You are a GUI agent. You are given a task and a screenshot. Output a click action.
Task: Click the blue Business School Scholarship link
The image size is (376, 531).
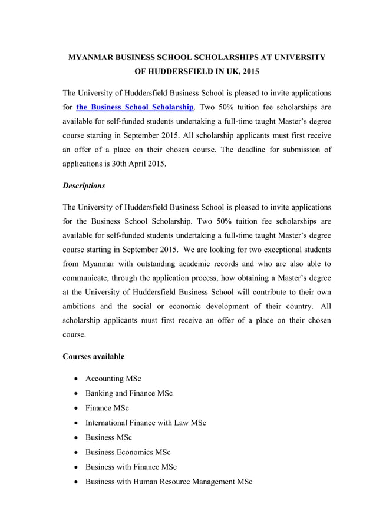[135, 107]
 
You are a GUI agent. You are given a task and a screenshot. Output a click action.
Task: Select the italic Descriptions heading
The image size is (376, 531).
[84, 185]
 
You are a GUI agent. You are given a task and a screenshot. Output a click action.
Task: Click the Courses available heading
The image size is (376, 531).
[93, 356]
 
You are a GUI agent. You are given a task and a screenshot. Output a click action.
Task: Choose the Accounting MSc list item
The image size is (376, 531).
[113, 379]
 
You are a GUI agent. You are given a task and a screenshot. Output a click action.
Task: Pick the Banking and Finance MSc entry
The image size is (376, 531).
[129, 393]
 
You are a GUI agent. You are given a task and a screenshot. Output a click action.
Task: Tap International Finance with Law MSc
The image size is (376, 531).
[146, 423]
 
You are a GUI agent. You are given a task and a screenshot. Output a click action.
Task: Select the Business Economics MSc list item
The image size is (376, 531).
[128, 452]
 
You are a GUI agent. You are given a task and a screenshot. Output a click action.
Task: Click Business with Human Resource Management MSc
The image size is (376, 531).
[169, 482]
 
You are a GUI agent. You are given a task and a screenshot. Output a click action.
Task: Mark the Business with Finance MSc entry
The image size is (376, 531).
[131, 467]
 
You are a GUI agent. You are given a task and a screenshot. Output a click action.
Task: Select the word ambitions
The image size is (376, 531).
[83, 307]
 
